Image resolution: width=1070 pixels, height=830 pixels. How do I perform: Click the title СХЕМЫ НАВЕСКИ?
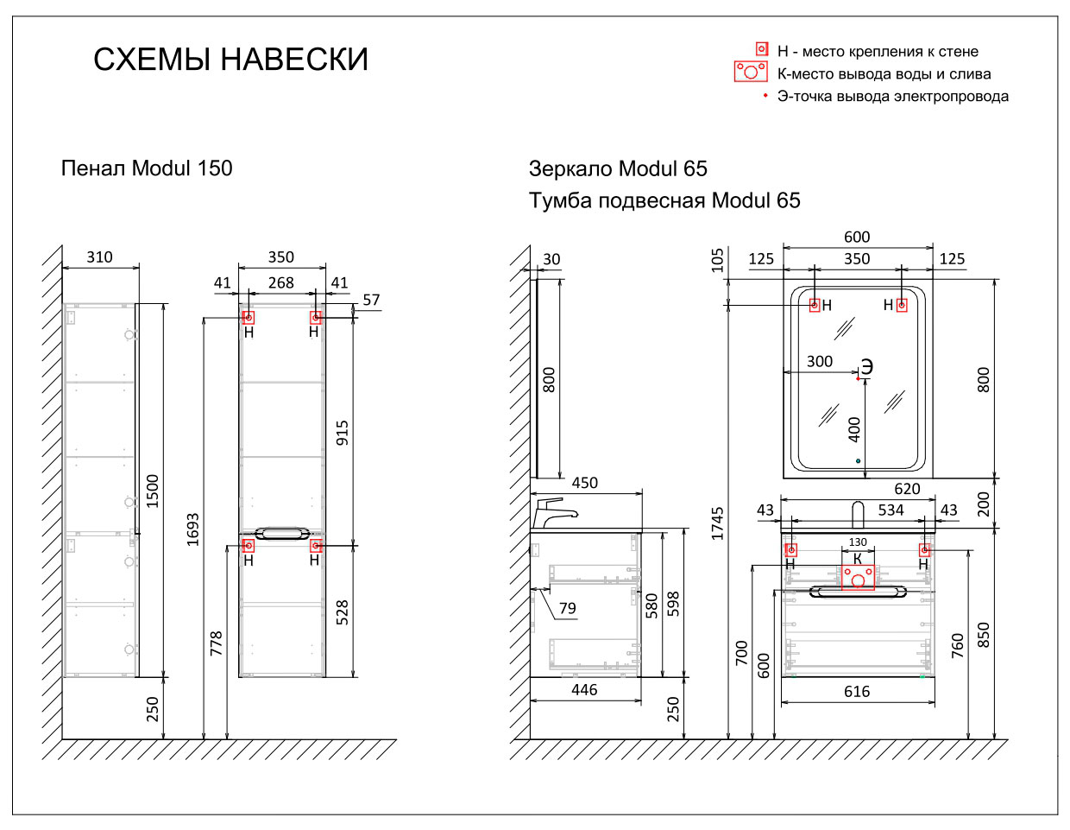(x=230, y=60)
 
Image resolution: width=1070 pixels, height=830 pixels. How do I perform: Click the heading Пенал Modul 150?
(x=147, y=168)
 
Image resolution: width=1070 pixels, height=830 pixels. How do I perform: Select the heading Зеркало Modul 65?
(x=618, y=169)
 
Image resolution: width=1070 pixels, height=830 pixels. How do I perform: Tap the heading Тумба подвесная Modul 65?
(x=664, y=201)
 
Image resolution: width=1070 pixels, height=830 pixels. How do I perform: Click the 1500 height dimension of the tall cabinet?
(x=153, y=490)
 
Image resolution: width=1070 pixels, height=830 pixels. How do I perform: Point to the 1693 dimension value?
(x=192, y=529)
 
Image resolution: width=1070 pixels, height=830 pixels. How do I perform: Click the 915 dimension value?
(x=343, y=433)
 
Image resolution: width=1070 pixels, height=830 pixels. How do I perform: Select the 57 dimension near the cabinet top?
(x=371, y=300)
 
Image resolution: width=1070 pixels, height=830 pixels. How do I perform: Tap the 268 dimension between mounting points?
(x=281, y=282)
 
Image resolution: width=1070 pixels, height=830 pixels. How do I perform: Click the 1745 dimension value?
(x=718, y=523)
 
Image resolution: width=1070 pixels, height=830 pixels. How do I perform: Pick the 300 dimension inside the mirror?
(x=819, y=362)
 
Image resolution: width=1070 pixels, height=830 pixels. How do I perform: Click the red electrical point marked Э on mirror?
(x=858, y=378)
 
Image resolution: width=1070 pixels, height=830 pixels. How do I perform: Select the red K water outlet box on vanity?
(x=858, y=577)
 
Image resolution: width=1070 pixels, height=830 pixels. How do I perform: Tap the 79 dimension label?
(x=567, y=608)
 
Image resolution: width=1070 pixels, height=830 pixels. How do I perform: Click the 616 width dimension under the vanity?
(x=857, y=691)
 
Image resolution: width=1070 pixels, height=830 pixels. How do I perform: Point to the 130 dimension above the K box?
(x=858, y=542)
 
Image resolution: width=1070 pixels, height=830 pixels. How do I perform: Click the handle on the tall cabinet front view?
(x=282, y=533)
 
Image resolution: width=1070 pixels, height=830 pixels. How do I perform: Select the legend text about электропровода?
(x=892, y=97)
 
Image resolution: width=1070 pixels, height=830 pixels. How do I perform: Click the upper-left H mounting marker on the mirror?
(x=814, y=305)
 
